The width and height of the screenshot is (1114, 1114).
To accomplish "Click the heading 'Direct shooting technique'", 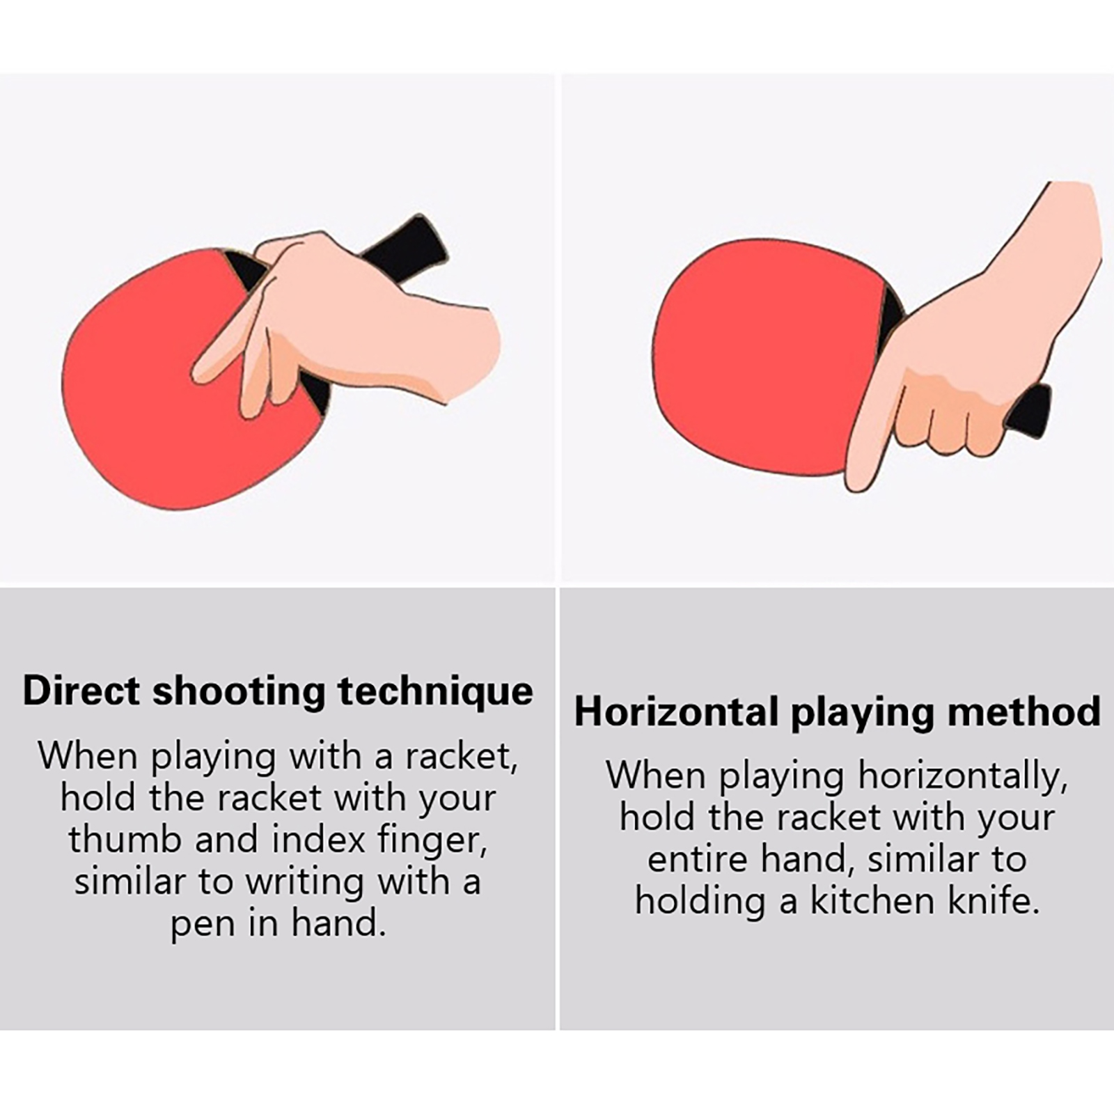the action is [x=278, y=691].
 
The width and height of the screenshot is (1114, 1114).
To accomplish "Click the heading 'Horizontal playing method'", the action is [x=838, y=712].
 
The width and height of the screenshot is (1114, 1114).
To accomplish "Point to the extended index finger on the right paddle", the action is [x=874, y=428].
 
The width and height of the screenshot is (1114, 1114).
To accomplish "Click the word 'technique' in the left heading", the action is [x=436, y=693].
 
